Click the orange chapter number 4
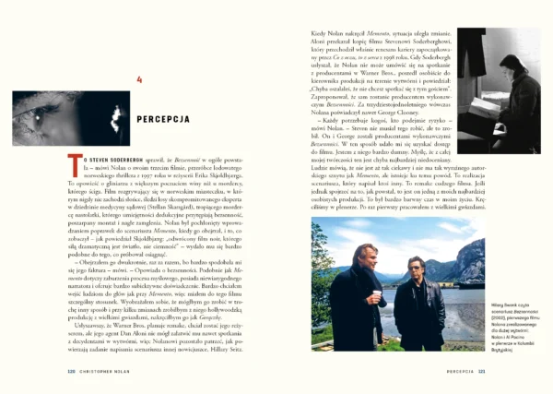pyautogui.click(x=139, y=78)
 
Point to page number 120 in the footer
pyautogui.click(x=69, y=373)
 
